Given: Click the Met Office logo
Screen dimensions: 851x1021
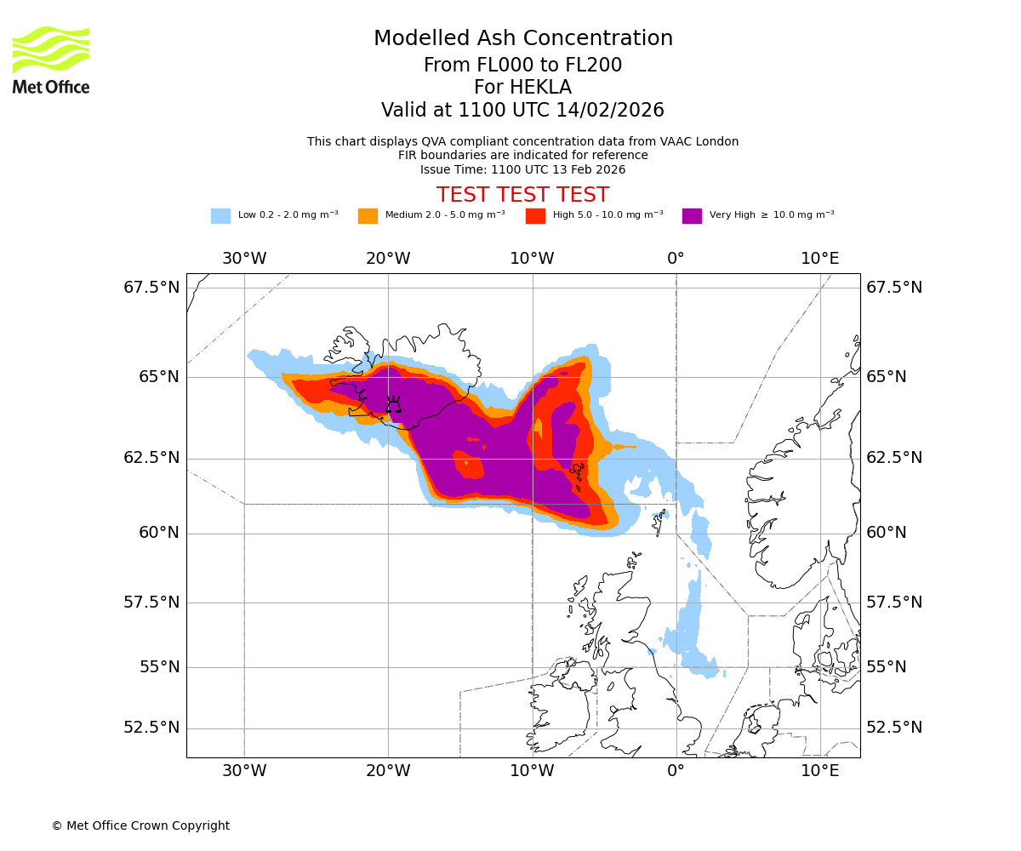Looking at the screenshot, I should [x=51, y=60].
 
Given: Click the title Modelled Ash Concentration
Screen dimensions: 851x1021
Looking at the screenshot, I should [x=523, y=39].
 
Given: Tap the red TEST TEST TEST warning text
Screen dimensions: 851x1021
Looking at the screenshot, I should [x=522, y=195].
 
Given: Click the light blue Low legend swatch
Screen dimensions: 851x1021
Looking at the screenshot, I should [x=220, y=216].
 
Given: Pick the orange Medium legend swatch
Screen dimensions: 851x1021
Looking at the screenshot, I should [x=368, y=216].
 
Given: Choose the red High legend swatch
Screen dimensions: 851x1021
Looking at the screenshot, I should [x=535, y=216].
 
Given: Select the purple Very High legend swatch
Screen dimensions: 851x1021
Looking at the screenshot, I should [x=692, y=216].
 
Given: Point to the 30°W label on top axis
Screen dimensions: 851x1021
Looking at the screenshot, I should [x=244, y=258].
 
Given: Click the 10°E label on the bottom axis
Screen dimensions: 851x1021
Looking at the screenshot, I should [x=820, y=772].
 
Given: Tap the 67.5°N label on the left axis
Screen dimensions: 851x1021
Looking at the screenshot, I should [x=151, y=288].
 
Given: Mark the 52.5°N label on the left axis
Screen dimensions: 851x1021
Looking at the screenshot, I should [x=151, y=728].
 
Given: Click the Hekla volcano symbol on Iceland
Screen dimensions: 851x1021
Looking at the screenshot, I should [x=393, y=405].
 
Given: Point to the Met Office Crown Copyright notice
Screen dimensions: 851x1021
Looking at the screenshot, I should [x=140, y=825].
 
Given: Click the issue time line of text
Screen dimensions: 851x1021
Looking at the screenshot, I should [x=522, y=169].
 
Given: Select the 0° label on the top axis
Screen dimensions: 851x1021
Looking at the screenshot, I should [x=676, y=258].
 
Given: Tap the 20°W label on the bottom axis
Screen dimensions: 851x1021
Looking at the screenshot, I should [x=389, y=772].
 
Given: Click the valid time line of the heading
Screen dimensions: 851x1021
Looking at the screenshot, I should [x=522, y=111].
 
